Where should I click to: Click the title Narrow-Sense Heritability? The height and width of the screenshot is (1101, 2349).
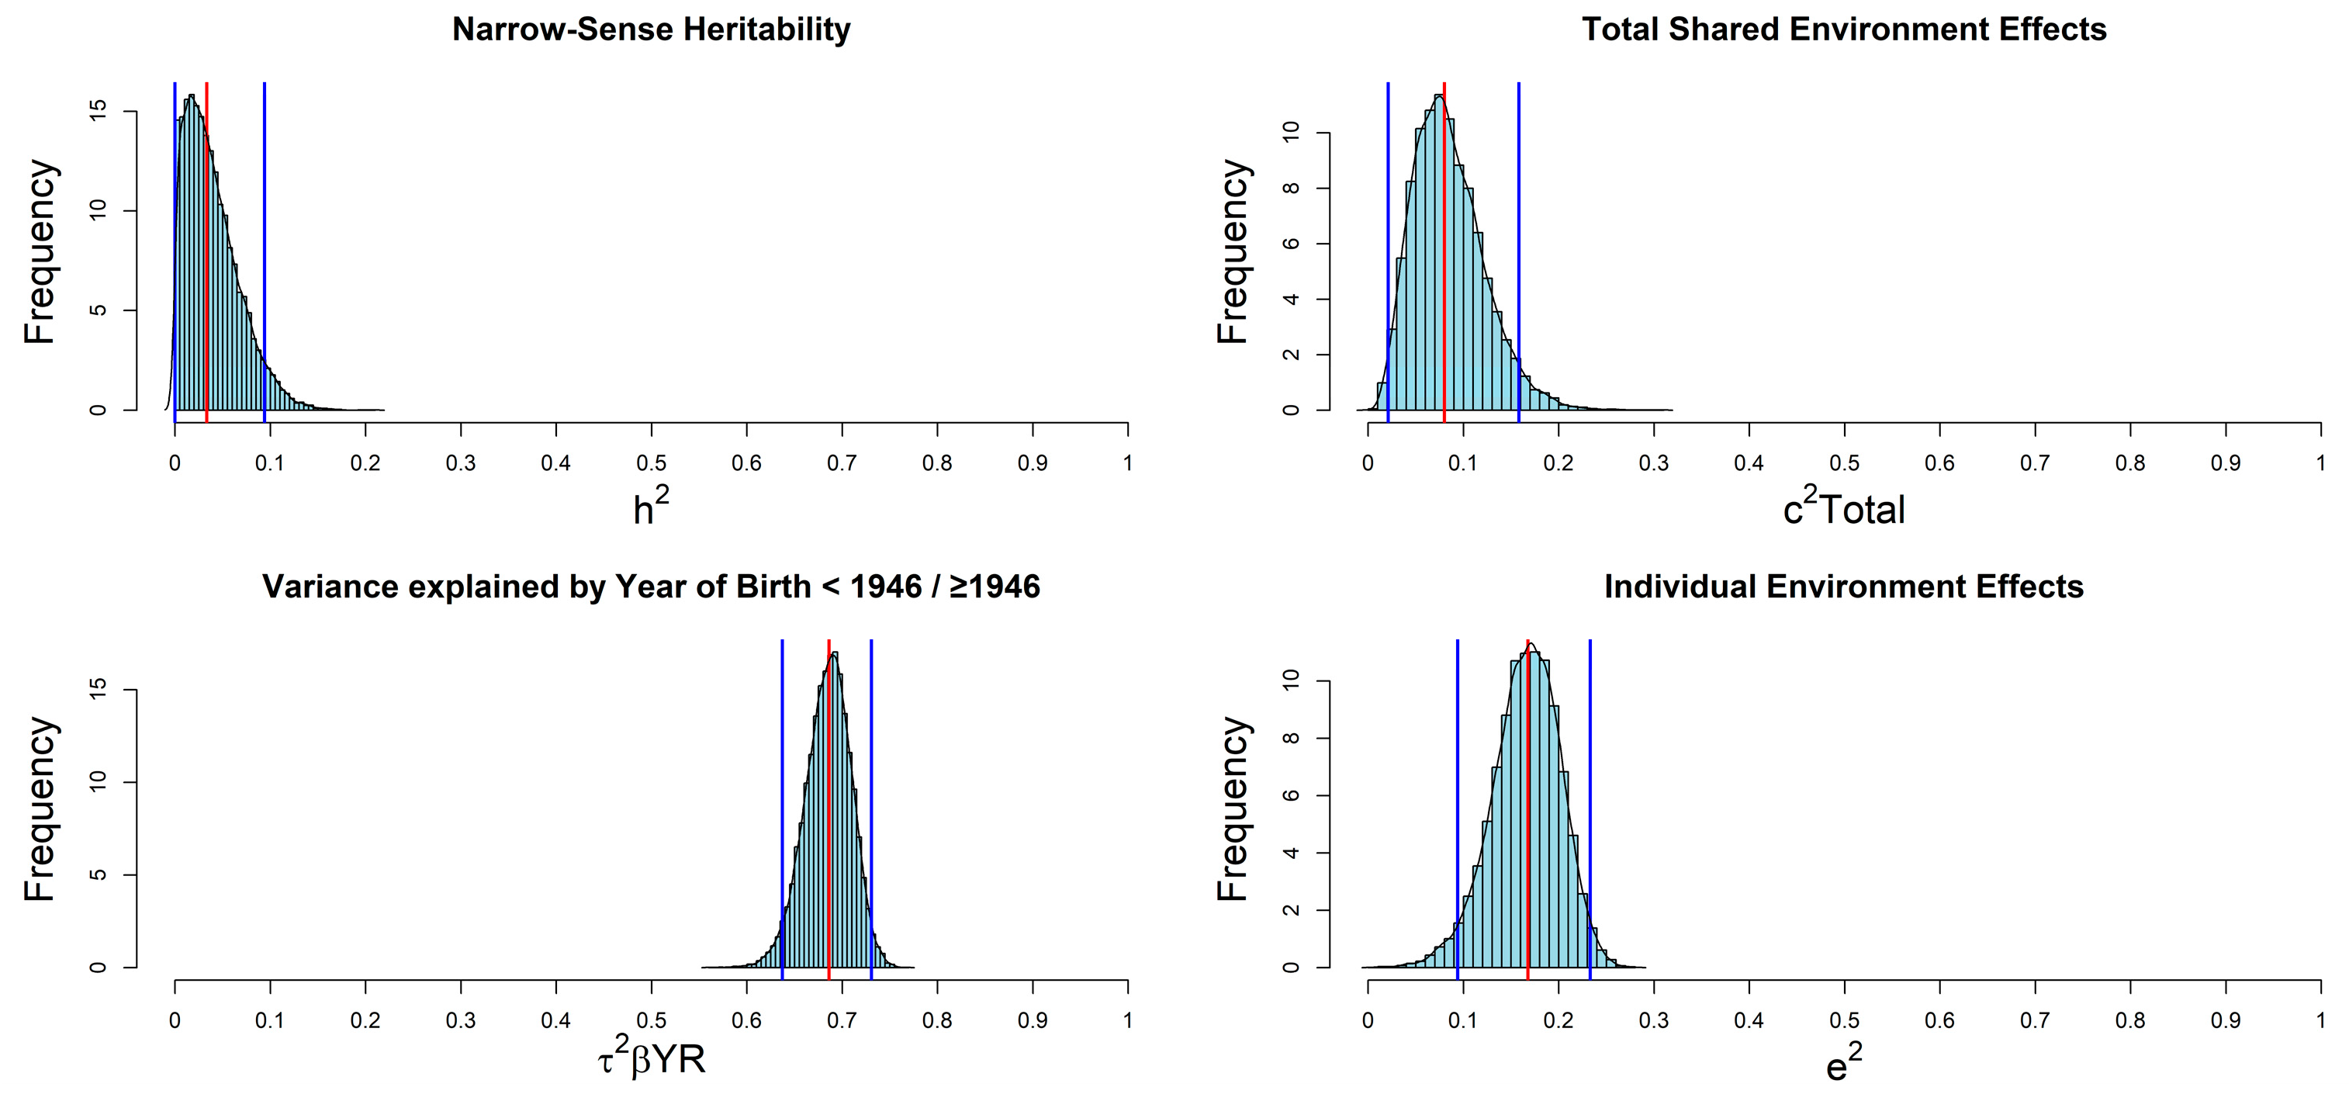651,29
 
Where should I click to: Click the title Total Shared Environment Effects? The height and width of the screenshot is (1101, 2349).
1844,29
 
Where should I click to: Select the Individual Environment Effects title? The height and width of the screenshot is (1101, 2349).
1844,587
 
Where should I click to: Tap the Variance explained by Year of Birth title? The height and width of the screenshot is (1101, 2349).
651,587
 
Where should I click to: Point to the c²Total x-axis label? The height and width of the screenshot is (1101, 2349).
1844,508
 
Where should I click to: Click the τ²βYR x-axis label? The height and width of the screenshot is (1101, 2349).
651,1060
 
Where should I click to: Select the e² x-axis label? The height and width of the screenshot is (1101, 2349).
1844,1064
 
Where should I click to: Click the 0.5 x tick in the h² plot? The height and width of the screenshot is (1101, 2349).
651,463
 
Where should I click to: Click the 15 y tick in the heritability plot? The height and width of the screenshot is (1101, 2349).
99,110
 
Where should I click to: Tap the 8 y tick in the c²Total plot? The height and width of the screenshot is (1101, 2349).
1290,189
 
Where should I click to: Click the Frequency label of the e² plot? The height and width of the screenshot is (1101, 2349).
1232,808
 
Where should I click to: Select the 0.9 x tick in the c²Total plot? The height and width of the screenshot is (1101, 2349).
2225,463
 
